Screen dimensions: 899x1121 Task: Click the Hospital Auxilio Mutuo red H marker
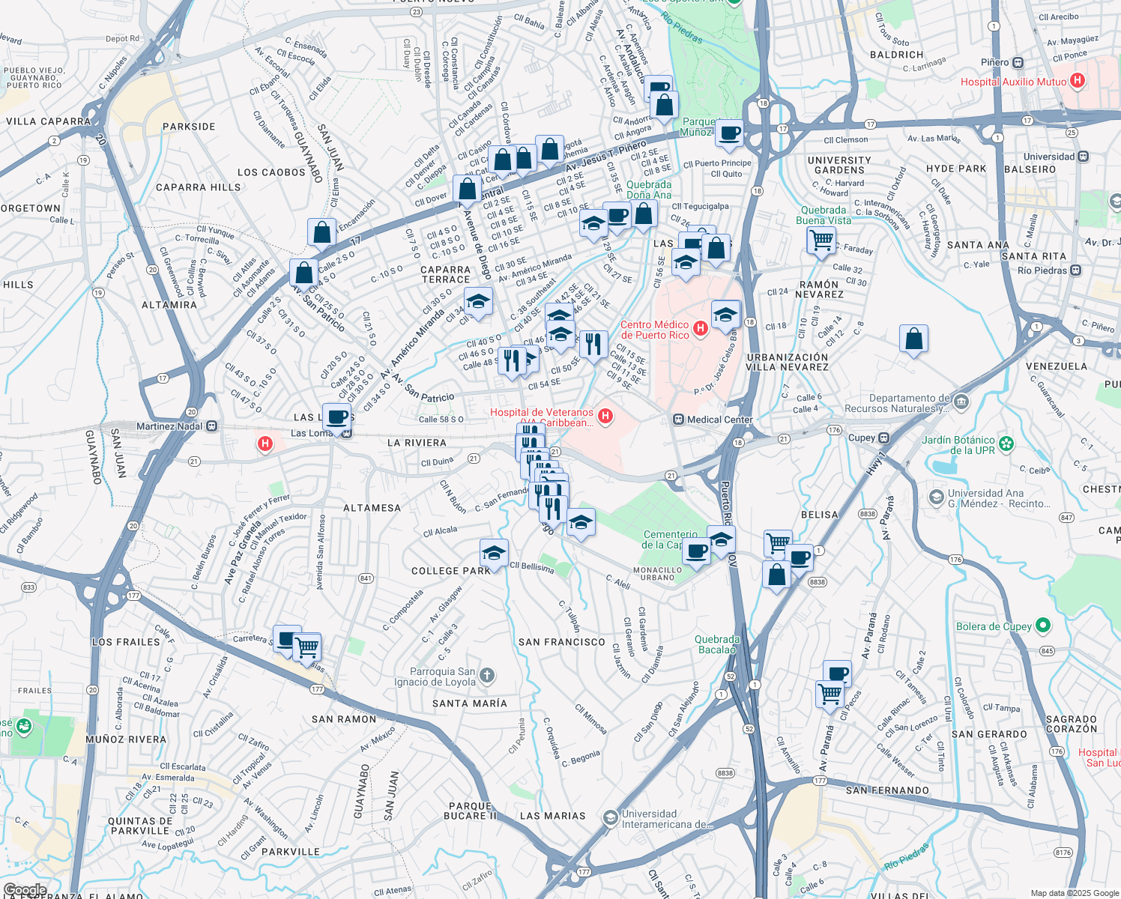(1078, 81)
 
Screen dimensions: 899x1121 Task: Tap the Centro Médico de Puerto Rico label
(655, 330)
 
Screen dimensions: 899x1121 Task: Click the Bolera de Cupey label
(994, 626)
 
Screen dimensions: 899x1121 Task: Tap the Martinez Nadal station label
(169, 426)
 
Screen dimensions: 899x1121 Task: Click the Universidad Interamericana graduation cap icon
(611, 817)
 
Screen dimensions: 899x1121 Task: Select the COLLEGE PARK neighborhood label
(450, 571)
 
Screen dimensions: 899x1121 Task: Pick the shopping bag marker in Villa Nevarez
(914, 340)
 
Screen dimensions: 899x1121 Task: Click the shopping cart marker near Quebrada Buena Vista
(821, 240)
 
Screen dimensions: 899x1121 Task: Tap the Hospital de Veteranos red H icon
(605, 417)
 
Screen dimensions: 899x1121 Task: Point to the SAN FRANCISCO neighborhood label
(561, 642)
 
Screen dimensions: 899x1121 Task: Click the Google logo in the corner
(25, 890)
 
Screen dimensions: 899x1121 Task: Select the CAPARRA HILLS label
(198, 187)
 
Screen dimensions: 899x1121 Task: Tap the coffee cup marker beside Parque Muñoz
(729, 134)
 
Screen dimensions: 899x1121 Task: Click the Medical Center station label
(719, 420)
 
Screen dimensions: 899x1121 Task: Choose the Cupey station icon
(884, 438)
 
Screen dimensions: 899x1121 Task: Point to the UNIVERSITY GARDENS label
(839, 166)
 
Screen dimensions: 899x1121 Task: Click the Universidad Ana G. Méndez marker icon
(936, 497)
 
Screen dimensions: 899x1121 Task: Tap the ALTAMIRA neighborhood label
(169, 305)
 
